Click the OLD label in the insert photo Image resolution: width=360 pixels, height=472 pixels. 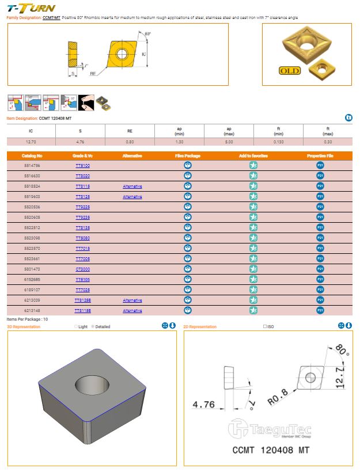291,71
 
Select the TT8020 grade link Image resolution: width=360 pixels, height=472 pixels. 83,176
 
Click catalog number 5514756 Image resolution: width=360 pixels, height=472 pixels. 32,166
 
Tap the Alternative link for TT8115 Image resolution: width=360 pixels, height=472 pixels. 132,186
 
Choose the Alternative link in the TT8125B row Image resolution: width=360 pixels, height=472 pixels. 132,300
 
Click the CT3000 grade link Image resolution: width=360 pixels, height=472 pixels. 83,269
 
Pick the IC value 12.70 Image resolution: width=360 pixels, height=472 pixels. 31,142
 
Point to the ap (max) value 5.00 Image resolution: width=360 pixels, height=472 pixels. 229,142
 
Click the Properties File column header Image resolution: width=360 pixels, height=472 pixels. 320,156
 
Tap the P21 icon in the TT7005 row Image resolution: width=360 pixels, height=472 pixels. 320,259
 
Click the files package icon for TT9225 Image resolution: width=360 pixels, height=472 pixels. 187,207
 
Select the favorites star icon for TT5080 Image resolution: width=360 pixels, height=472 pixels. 253,238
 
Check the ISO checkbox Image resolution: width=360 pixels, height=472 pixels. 265,327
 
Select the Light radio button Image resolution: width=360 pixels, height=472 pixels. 75,327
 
